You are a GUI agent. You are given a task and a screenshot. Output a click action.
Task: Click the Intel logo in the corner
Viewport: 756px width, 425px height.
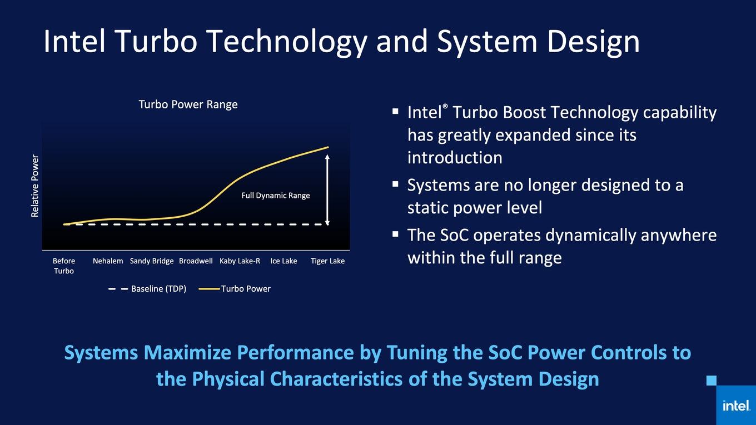coord(736,406)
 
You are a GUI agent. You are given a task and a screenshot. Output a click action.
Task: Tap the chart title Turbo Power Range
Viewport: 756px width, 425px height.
coord(188,104)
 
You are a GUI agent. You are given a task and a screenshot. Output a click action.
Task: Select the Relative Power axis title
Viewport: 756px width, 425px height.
coord(35,186)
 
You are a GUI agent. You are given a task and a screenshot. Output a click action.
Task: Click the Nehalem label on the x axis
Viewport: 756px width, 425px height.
coord(108,261)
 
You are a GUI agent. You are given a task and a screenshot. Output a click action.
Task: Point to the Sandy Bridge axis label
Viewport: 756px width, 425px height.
coord(152,261)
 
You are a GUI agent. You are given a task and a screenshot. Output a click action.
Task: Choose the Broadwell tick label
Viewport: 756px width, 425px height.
coord(196,261)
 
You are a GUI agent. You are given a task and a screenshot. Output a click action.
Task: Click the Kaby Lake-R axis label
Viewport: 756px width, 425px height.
coord(240,261)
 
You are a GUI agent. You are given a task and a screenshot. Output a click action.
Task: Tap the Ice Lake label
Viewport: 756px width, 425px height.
coord(283,261)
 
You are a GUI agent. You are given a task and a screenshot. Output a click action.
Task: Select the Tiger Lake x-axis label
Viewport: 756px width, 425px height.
coord(327,261)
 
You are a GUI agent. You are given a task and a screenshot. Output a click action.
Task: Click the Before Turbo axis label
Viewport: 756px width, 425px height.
coord(64,266)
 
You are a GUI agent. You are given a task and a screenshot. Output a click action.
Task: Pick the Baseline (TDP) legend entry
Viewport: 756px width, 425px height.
coord(147,289)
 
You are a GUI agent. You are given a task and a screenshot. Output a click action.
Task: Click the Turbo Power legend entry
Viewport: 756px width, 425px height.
coord(235,289)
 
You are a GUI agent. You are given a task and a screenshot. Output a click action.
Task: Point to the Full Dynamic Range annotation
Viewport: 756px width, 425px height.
coord(275,196)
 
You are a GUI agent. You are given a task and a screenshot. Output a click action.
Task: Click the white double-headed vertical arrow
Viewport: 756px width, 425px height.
coord(327,190)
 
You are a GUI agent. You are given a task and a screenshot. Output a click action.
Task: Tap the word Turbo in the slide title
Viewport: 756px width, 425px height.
coord(156,41)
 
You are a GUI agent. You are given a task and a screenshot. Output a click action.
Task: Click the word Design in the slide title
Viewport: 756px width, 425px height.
coord(593,42)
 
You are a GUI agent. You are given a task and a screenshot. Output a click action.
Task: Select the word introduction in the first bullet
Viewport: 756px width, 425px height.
coord(455,158)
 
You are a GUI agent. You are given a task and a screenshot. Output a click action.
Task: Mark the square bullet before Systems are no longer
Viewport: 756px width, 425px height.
coord(396,184)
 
